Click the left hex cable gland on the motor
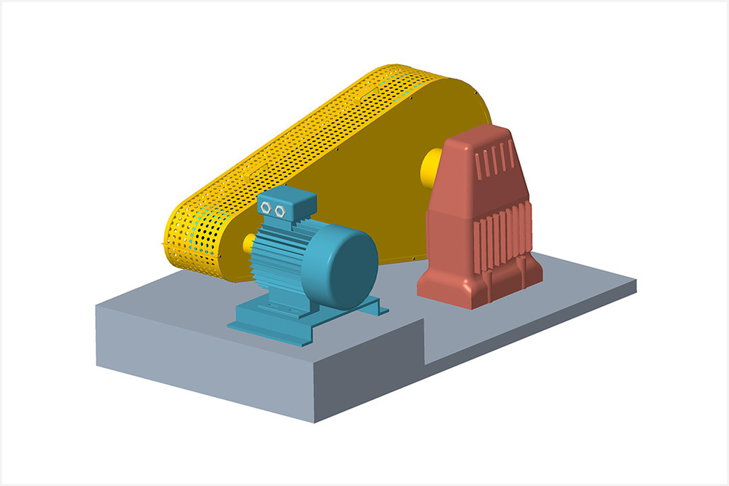coord(266,209)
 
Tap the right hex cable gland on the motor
coord(280,211)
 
